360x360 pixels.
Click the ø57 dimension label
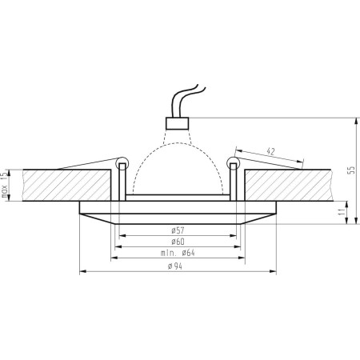click(179, 230)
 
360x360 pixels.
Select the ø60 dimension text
click(179, 242)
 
